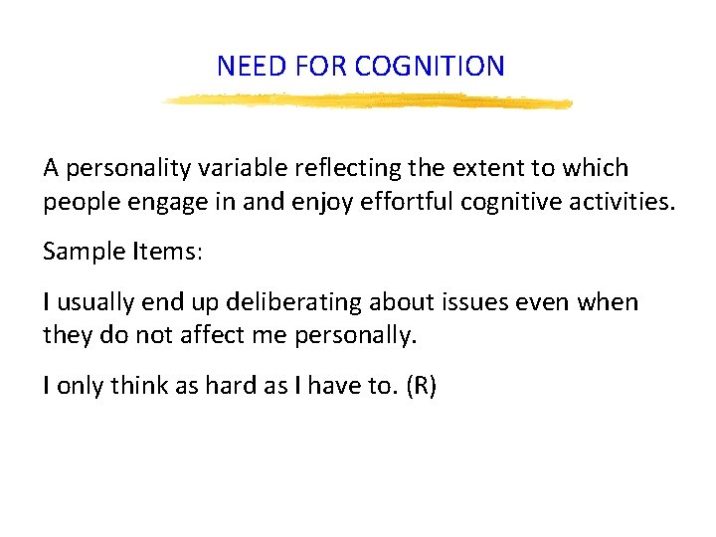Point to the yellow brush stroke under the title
click(367, 100)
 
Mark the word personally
click(357, 336)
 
